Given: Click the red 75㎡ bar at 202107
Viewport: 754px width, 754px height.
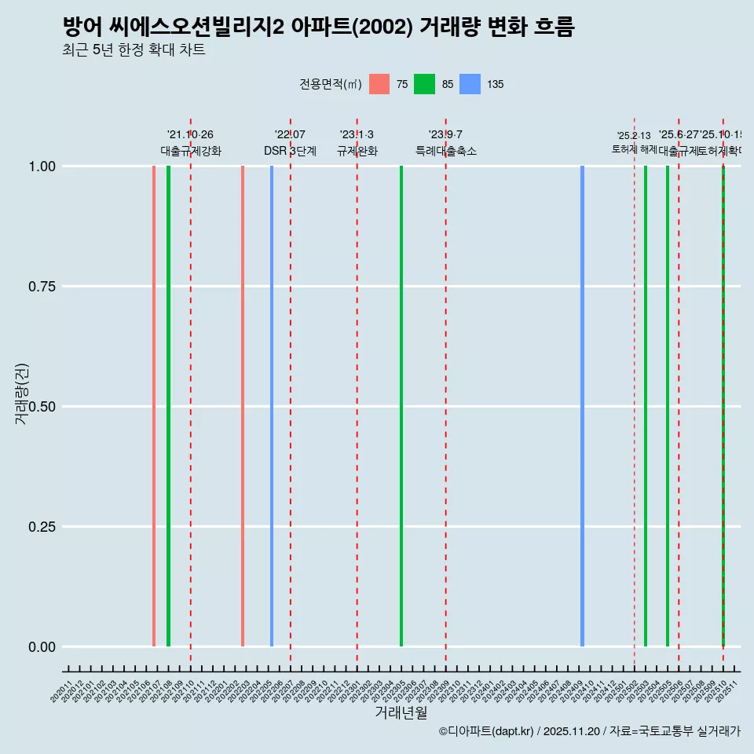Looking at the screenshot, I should tap(154, 406).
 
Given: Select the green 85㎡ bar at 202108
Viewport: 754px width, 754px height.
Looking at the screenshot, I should tap(168, 406).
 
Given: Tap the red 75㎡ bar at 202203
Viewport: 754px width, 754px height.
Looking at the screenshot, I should tap(243, 406).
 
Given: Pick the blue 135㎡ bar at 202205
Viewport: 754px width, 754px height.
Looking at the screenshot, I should tap(272, 406).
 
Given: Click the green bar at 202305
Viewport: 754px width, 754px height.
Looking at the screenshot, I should tap(401, 406).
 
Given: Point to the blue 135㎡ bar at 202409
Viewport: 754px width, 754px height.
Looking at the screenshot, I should tap(582, 406).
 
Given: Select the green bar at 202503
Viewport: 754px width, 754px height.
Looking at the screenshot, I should tap(646, 406).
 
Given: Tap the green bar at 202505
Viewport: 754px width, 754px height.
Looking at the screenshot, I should tap(668, 406).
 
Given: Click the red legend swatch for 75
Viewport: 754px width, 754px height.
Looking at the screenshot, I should tap(379, 84).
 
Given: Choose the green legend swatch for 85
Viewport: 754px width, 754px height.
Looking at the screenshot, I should tap(424, 84).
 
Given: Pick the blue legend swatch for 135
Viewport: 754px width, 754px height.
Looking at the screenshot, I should tap(470, 84).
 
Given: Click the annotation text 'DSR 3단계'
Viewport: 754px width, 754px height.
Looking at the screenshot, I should tap(290, 151).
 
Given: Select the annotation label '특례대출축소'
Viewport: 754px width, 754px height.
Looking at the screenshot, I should tap(446, 151).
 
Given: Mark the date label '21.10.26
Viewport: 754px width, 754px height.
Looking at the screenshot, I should tap(190, 134).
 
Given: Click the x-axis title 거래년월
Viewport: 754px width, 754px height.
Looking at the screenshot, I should tap(401, 712).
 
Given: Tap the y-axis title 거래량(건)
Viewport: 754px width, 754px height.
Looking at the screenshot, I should tap(22, 393).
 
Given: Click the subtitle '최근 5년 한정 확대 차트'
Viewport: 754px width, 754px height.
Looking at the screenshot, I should tap(134, 50).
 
